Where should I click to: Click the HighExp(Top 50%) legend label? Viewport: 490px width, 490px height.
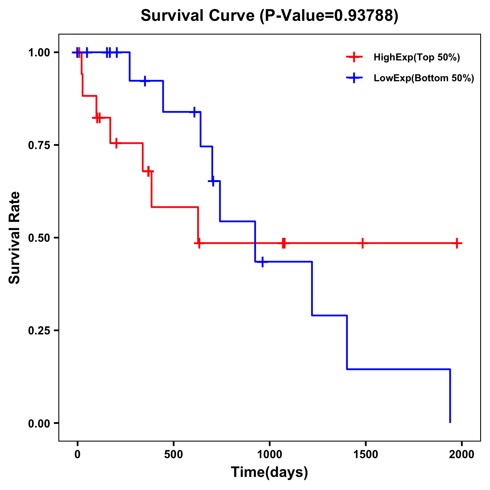pyautogui.click(x=416, y=58)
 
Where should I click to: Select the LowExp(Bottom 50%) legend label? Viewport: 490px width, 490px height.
pyautogui.click(x=424, y=78)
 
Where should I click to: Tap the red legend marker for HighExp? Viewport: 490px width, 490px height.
pyautogui.click(x=354, y=58)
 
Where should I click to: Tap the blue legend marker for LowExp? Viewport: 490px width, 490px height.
pyautogui.click(x=354, y=78)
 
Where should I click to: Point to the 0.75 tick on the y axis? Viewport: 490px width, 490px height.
pyautogui.click(x=39, y=145)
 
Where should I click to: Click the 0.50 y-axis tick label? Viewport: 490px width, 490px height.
pyautogui.click(x=39, y=238)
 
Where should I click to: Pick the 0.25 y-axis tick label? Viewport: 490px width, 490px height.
pyautogui.click(x=39, y=330)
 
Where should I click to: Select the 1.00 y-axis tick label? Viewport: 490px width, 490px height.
pyautogui.click(x=39, y=52)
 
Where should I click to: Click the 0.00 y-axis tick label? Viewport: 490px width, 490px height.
pyautogui.click(x=39, y=423)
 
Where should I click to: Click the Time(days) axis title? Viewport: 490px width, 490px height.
pyautogui.click(x=269, y=472)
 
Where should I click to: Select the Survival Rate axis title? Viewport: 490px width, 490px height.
pyautogui.click(x=15, y=238)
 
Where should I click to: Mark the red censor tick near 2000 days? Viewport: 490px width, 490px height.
pyautogui.click(x=457, y=243)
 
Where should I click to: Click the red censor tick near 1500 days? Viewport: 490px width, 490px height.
pyautogui.click(x=362, y=243)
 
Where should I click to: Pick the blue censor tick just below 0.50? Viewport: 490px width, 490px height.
pyautogui.click(x=262, y=262)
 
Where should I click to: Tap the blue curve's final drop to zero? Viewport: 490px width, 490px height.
pyautogui.click(x=450, y=396)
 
